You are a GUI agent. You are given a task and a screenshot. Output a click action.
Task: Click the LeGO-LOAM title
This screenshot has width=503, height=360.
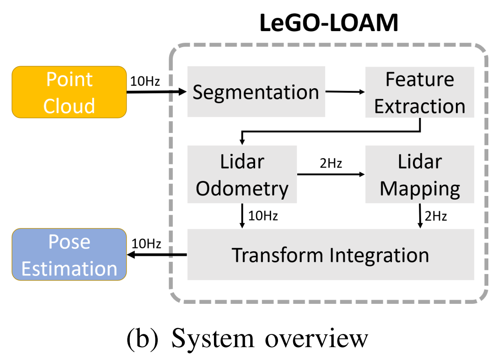329,23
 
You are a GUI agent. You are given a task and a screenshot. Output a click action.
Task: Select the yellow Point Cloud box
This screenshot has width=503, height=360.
70,92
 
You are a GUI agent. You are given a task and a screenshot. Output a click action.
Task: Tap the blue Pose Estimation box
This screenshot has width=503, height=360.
70,254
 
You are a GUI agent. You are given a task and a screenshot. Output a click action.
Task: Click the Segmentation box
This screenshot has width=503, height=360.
256,92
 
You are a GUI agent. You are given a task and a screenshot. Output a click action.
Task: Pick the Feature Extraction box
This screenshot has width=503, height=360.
420,92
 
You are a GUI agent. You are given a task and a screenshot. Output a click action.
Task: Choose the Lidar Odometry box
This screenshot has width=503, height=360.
242,175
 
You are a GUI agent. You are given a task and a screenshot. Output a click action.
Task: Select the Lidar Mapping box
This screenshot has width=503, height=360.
420,175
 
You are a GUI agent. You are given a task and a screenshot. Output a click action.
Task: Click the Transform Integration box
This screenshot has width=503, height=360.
331,254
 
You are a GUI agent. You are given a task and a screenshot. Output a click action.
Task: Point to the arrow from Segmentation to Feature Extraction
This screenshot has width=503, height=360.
345,92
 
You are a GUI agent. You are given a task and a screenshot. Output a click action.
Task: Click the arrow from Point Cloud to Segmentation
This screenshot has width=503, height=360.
156,92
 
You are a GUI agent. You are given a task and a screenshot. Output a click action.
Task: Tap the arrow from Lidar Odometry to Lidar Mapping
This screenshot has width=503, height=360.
331,175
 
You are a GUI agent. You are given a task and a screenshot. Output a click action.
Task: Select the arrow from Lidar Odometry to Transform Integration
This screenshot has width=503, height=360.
242,216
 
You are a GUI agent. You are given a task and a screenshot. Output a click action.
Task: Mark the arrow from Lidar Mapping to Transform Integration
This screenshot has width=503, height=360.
420,216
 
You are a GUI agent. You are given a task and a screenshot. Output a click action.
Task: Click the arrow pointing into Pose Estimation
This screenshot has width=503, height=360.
157,255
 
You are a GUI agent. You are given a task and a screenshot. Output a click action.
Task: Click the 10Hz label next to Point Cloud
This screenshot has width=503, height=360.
145,81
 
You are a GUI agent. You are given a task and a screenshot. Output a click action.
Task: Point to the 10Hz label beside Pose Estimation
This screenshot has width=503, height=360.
146,244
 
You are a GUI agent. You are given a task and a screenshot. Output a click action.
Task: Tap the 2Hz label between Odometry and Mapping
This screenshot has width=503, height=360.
331,164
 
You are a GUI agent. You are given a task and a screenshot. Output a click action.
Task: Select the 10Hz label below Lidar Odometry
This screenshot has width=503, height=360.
263,216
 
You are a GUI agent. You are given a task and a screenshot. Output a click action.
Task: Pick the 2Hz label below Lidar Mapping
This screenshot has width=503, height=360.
436,217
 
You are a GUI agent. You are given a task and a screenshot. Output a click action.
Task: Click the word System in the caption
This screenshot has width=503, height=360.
213,339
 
